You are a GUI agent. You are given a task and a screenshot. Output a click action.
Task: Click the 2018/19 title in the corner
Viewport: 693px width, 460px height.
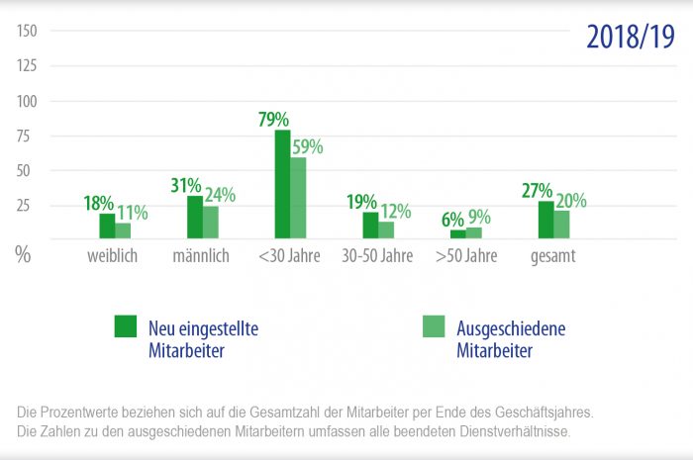630,37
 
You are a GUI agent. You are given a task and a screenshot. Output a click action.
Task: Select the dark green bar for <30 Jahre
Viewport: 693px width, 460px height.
283,184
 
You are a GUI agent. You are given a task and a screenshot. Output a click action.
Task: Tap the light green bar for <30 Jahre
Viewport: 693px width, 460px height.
299,198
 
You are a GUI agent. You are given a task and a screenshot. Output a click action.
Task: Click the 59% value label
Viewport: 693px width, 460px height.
307,146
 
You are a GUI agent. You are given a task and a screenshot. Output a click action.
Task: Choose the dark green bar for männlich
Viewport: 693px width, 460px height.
195,217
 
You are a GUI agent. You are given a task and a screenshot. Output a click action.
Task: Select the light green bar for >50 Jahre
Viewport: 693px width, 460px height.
473,233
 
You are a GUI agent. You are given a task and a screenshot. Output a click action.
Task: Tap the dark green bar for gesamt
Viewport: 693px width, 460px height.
546,220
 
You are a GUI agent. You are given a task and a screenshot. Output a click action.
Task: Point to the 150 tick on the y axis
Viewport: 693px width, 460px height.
27,32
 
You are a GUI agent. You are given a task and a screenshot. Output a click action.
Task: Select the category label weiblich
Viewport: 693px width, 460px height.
111,256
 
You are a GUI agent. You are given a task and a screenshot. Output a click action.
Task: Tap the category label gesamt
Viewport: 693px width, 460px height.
552,256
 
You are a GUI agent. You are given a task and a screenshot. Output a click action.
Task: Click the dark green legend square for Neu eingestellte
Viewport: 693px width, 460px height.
126,326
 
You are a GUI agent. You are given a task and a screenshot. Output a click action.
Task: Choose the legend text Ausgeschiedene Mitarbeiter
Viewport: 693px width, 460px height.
510,339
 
